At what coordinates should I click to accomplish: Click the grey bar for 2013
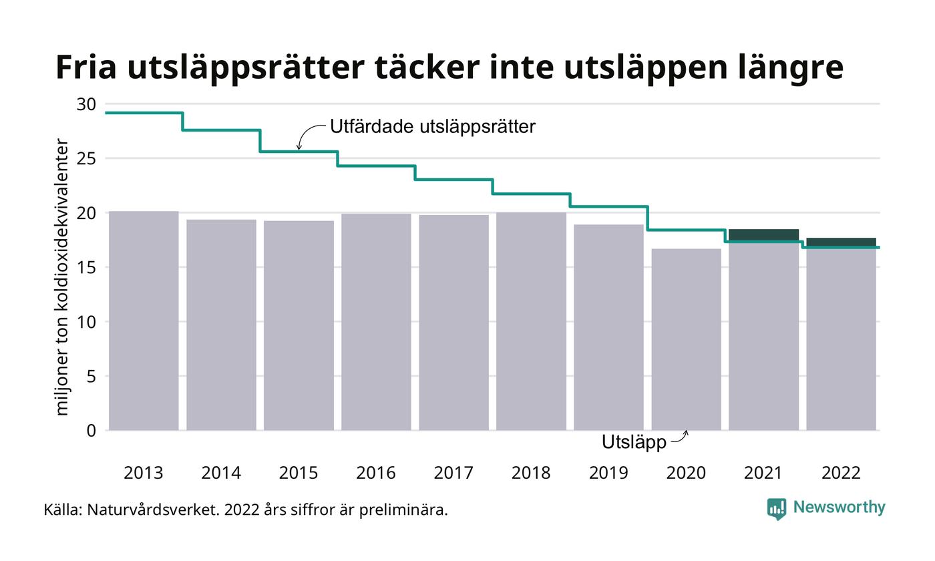144,321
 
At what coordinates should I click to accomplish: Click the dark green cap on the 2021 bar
763,234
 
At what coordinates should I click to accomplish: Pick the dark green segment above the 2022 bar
841,242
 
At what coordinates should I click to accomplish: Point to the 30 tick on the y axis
87,104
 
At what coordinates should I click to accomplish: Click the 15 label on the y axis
87,267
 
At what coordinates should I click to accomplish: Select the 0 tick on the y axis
91,431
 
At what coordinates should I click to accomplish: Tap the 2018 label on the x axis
531,473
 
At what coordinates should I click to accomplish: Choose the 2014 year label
221,473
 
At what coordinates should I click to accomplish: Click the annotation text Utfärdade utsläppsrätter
433,126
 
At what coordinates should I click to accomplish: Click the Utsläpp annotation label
634,442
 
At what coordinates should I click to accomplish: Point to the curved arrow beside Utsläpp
679,438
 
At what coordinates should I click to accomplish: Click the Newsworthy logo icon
777,508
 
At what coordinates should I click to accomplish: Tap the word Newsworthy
839,507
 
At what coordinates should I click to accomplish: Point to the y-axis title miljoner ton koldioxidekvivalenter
61,276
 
